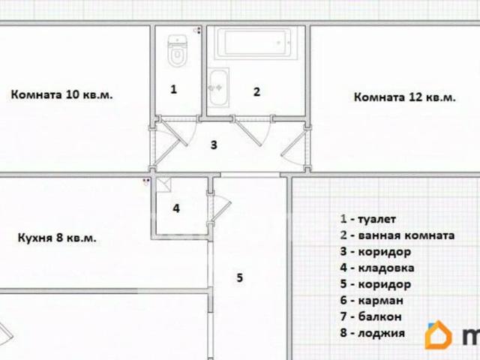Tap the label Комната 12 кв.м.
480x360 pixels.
(404, 97)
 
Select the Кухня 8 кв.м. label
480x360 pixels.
(56, 238)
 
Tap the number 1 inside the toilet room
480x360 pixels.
(173, 89)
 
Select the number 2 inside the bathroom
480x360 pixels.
(256, 92)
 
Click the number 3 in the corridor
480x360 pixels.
(214, 145)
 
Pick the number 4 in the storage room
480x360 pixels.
(176, 208)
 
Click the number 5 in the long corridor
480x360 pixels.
(239, 278)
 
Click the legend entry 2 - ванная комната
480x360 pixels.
(397, 235)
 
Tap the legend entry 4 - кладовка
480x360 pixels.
(376, 268)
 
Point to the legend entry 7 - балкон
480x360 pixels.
(370, 317)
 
